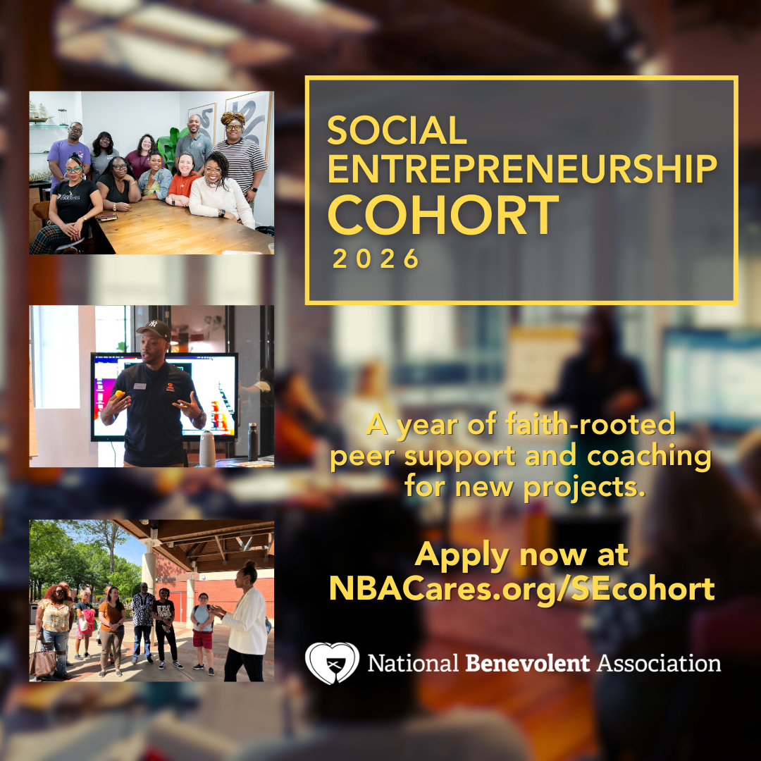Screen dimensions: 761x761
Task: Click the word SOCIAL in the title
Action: point(397,130)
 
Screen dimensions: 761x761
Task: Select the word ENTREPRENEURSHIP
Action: point(522,169)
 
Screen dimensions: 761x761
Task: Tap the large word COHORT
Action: point(444,215)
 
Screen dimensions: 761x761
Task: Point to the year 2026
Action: point(376,258)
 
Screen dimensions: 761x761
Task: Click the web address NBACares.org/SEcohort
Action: point(521,588)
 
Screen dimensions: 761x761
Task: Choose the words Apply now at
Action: point(521,555)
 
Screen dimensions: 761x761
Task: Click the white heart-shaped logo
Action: point(332,663)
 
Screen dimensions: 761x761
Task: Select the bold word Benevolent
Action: point(528,663)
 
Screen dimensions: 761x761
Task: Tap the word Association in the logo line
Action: point(659,663)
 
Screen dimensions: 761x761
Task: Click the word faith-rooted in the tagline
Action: point(590,423)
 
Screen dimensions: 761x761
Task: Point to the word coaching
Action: point(649,457)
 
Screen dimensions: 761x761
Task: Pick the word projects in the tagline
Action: point(584,487)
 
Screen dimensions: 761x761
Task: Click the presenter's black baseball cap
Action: point(154,330)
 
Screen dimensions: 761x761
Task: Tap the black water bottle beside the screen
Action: point(252,441)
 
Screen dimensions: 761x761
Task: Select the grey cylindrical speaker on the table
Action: point(207,448)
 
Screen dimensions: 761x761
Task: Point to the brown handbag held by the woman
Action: point(42,663)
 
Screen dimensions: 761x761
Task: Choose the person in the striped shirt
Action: point(240,155)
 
